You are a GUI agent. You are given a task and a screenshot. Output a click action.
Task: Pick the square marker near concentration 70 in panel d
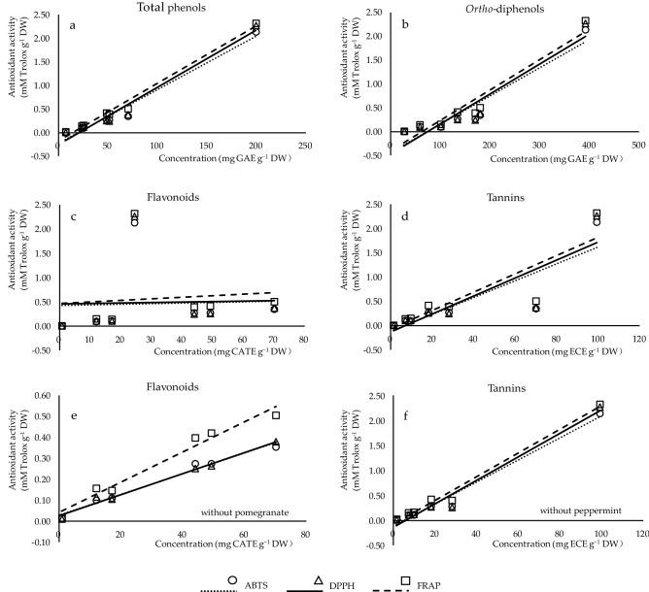point(535,302)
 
